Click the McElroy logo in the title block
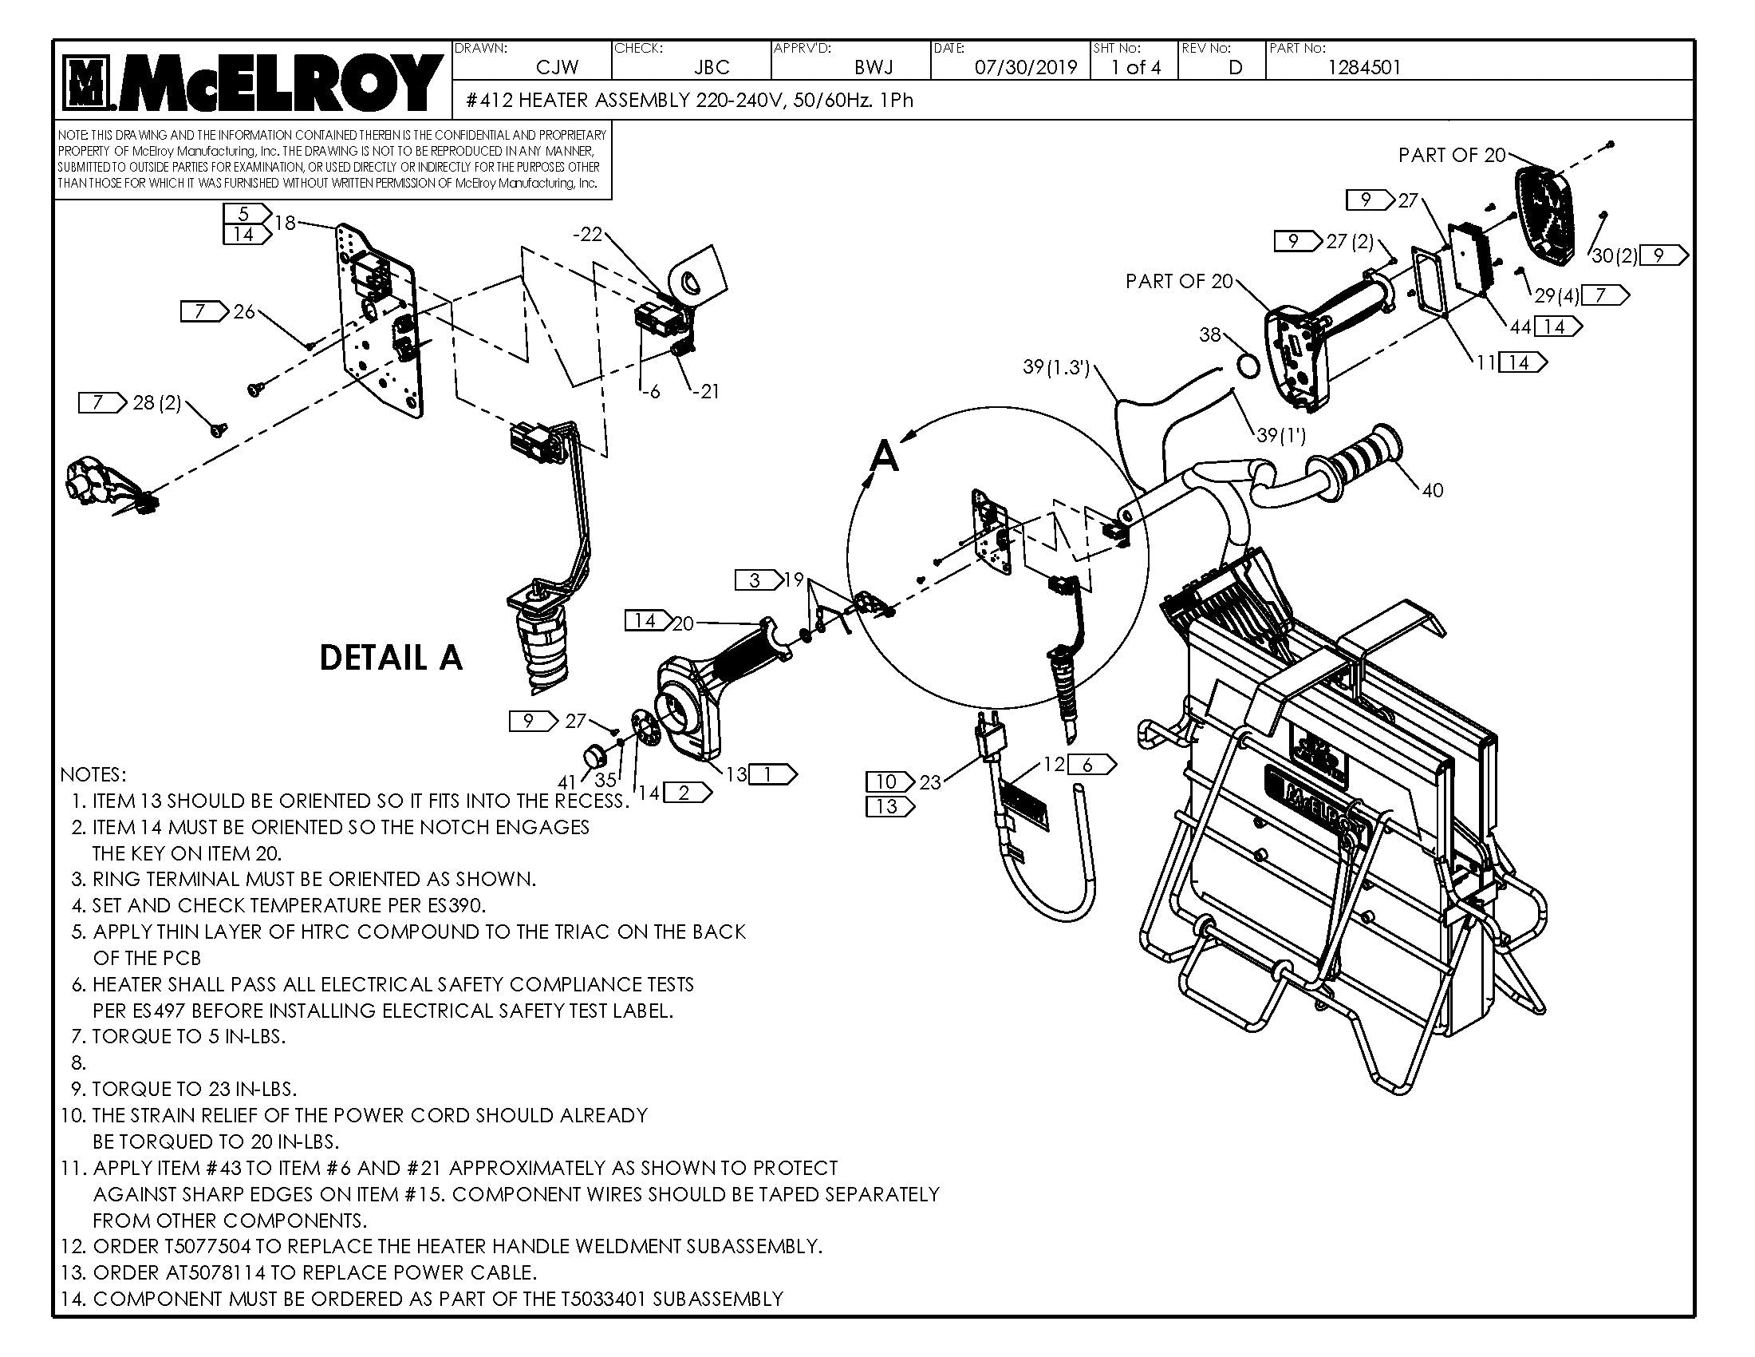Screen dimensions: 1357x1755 coord(253,83)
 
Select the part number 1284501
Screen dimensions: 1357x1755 coord(1363,68)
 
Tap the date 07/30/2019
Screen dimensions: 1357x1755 coord(1025,68)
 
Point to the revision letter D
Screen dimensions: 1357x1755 coord(1235,68)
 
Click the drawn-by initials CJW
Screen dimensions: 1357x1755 coord(557,68)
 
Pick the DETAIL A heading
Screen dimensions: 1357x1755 coord(392,658)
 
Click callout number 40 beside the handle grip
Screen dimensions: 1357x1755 coord(1432,489)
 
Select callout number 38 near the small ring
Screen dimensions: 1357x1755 coord(1209,334)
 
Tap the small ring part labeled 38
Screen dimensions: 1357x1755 coord(1248,366)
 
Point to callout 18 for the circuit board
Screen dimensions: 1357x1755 coord(286,223)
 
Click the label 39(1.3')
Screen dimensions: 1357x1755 coord(1056,367)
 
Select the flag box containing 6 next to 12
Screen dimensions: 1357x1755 coord(1090,765)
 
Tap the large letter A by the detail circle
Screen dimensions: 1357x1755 coord(884,457)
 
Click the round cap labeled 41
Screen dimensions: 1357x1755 coord(594,756)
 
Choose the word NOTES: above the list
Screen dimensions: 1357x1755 coord(93,774)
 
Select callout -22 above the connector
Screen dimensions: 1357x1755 coord(587,234)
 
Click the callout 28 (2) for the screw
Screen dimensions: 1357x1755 coord(156,402)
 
